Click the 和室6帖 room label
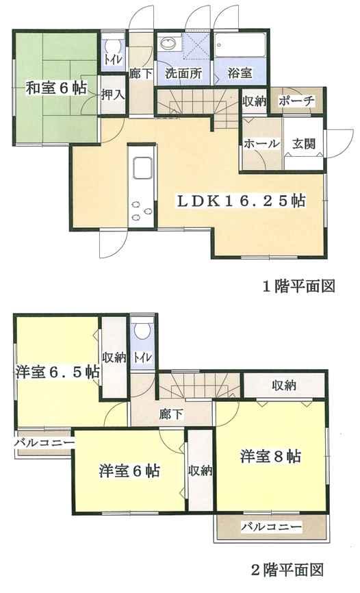(x=57, y=88)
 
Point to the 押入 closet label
(x=113, y=95)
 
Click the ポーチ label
(x=296, y=101)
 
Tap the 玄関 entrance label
(x=305, y=144)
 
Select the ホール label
(x=261, y=144)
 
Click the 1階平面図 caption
(x=300, y=286)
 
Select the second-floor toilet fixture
(x=142, y=331)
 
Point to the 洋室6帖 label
(x=129, y=471)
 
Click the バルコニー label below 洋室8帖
(x=270, y=527)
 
